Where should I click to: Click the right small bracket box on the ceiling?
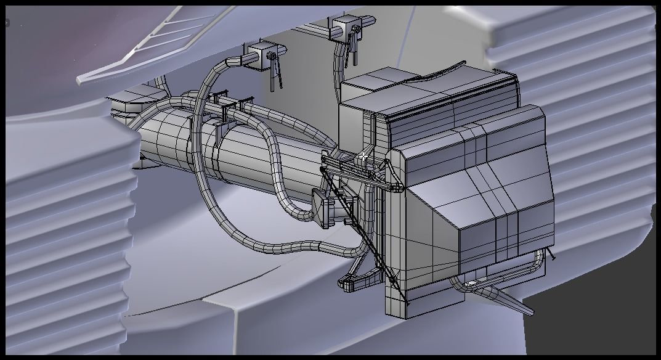[346, 28]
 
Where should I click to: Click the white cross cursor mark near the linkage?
[365, 157]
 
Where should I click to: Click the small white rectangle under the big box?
[472, 284]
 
